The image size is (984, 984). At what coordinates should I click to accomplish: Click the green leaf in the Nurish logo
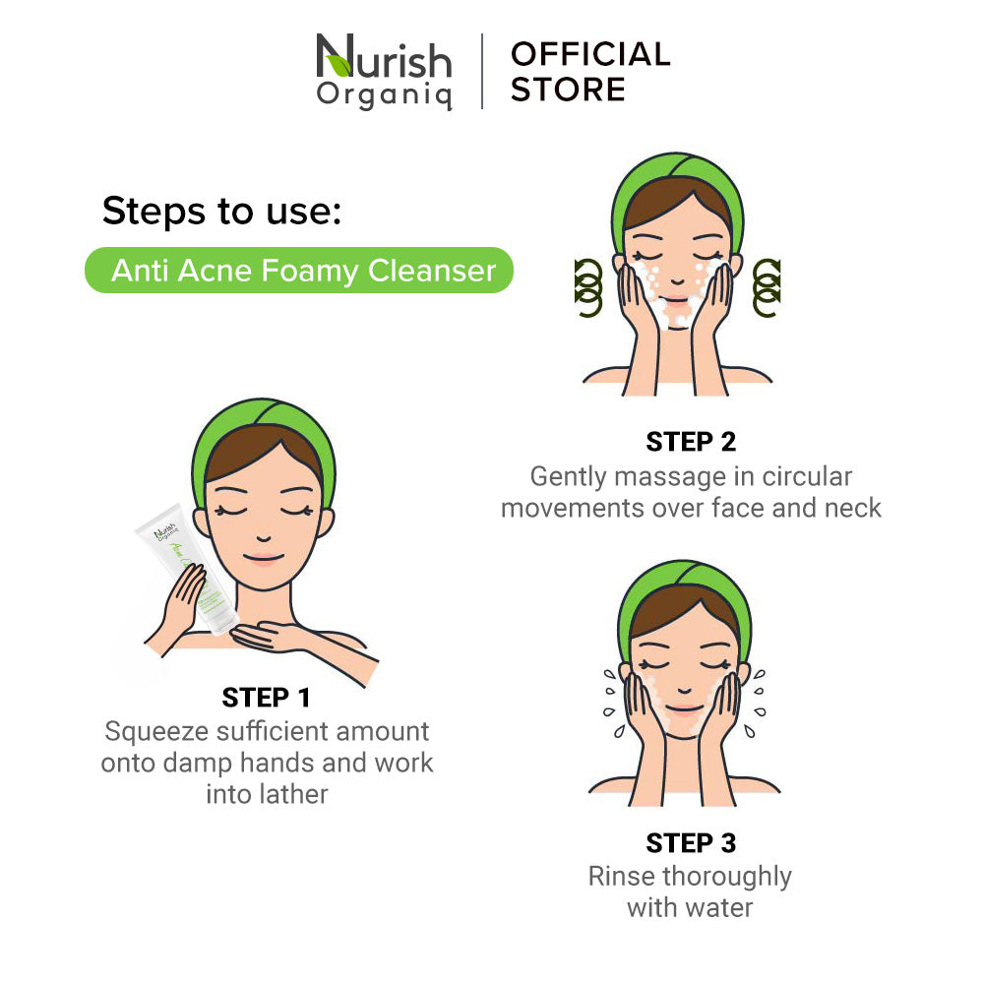[x=338, y=65]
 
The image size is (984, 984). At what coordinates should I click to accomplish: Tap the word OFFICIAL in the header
[x=590, y=54]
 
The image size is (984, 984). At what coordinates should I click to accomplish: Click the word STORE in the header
[x=568, y=90]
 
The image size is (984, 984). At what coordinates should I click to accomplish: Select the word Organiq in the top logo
[x=384, y=95]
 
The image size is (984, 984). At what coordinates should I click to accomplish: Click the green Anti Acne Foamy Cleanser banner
[x=299, y=271]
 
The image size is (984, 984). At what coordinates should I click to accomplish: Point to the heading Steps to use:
[x=222, y=211]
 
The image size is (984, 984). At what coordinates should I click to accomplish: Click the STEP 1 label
[x=266, y=698]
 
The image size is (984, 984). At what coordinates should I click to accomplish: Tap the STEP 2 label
[x=691, y=442]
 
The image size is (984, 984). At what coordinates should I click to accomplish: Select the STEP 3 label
[x=691, y=843]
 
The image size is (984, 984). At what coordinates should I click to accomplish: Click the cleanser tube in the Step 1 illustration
[x=187, y=568]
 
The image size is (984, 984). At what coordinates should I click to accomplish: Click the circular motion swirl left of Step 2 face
[x=588, y=288]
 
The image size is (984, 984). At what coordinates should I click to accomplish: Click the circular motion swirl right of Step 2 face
[x=767, y=288]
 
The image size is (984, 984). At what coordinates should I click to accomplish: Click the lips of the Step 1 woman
[x=264, y=558]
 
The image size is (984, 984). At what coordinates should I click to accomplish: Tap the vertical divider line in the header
[x=482, y=71]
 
